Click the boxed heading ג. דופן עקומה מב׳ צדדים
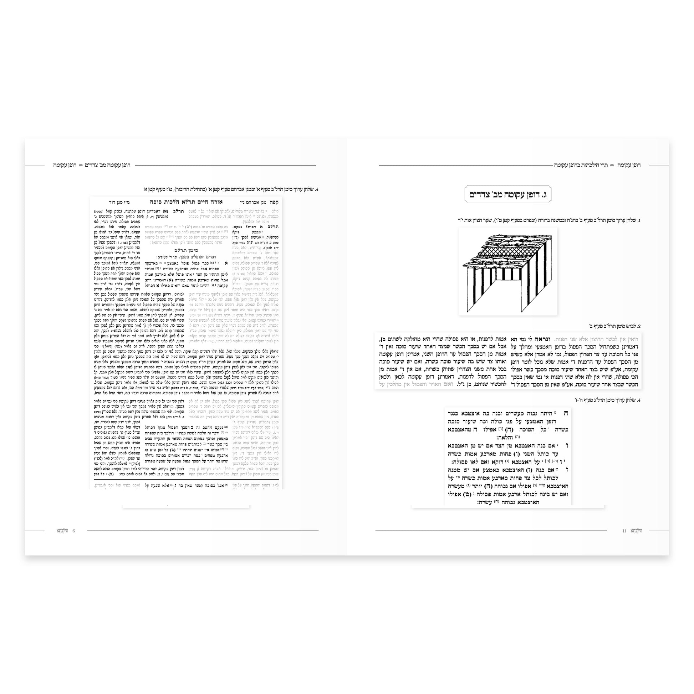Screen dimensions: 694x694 tap(508, 195)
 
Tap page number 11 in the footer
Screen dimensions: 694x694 tap(624, 531)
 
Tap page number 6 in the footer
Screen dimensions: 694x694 tap(73, 531)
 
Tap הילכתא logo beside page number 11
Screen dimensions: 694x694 tap(636, 531)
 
